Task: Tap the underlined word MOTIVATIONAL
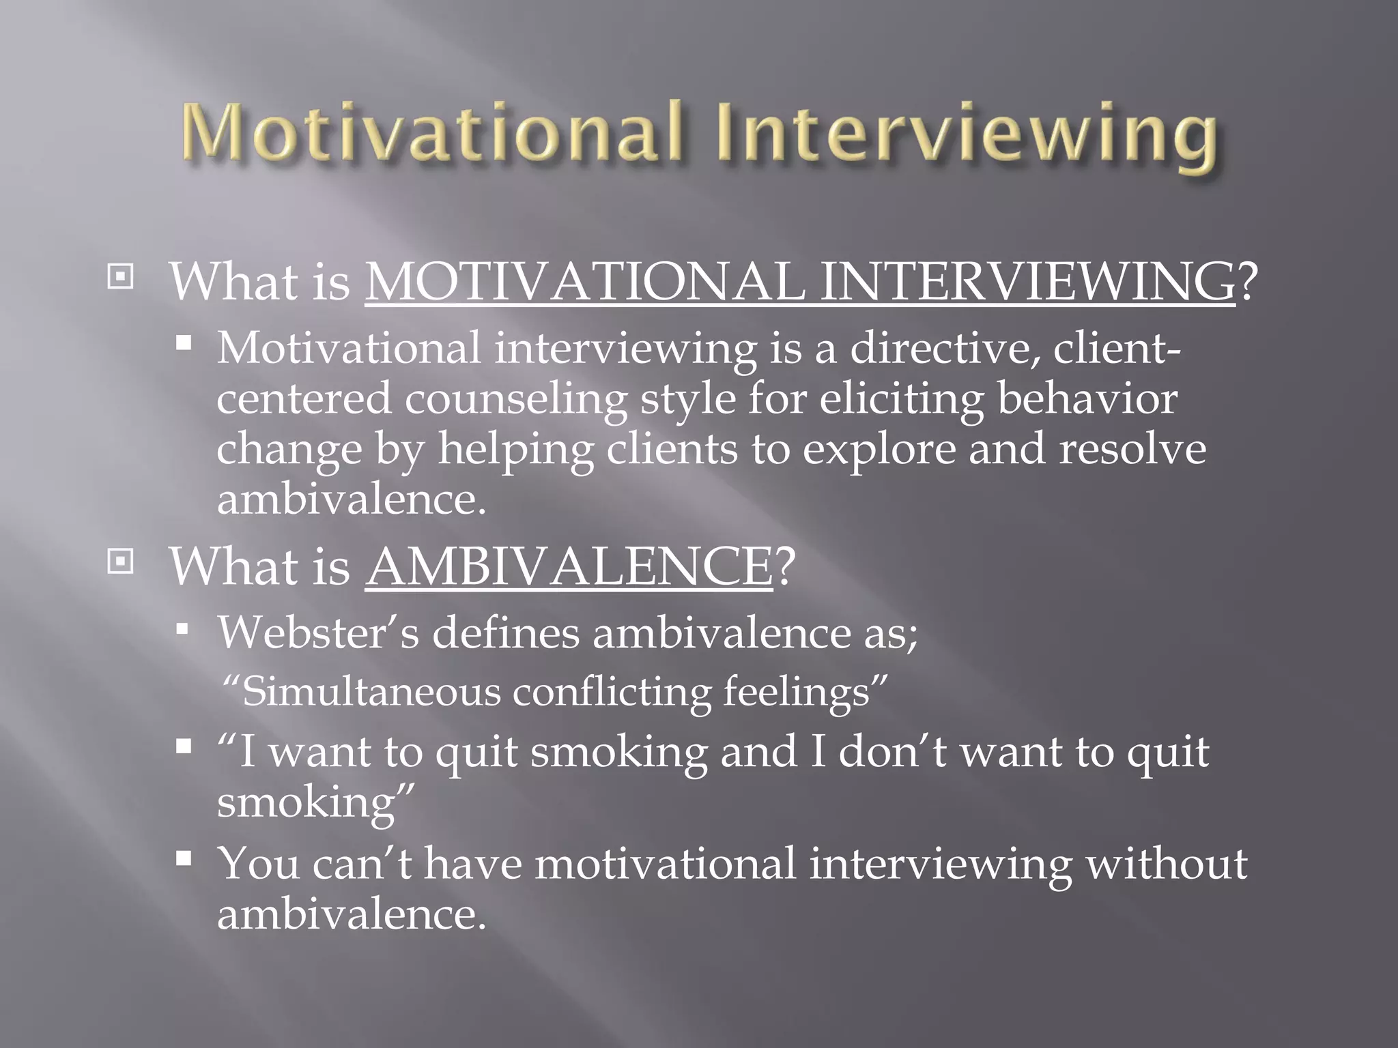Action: (585, 282)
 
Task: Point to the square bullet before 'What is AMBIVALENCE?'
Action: (121, 562)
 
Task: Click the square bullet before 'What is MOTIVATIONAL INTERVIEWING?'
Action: (121, 277)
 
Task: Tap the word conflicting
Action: (611, 692)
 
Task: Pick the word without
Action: (1166, 864)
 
